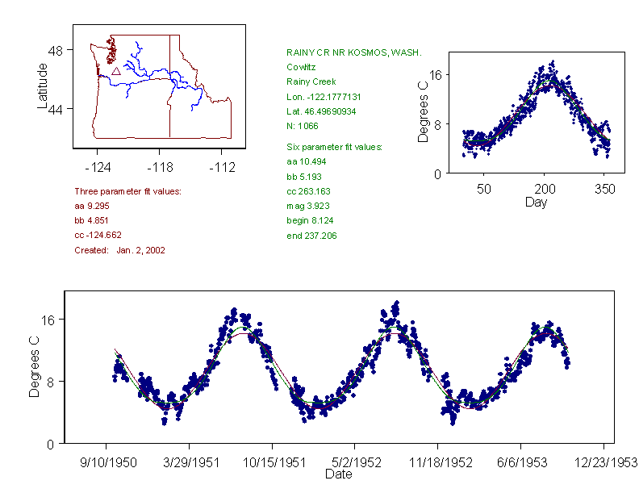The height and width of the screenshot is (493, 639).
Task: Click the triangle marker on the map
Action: click(x=116, y=71)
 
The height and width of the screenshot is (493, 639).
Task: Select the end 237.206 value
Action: click(x=311, y=236)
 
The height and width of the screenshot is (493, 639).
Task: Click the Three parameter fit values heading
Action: click(x=127, y=191)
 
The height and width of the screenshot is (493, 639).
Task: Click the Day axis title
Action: click(x=535, y=202)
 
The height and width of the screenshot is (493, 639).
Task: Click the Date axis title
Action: click(x=338, y=474)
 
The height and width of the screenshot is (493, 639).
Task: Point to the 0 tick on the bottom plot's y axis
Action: click(x=50, y=444)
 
